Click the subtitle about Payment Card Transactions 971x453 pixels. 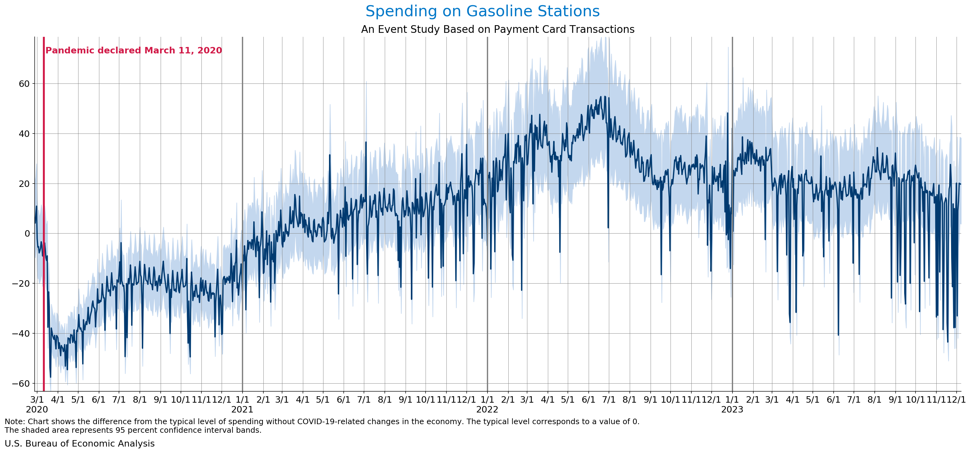click(x=498, y=29)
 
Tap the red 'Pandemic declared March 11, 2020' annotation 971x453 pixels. click(x=133, y=51)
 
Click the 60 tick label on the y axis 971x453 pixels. click(x=24, y=84)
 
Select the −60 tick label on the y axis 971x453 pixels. click(x=21, y=384)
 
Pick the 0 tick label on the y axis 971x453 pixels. click(x=27, y=234)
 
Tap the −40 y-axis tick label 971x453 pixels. click(x=21, y=333)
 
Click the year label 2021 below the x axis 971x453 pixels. click(x=242, y=409)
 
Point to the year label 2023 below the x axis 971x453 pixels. click(x=732, y=409)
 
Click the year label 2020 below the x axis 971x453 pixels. click(x=37, y=409)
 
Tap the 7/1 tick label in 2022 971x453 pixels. click(x=609, y=399)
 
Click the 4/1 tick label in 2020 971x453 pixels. click(x=58, y=399)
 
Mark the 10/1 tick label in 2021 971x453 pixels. click(x=426, y=399)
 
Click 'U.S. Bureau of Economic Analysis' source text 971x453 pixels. click(x=79, y=443)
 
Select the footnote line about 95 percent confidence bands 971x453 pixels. click(x=133, y=430)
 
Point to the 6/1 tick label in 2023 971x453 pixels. click(x=833, y=399)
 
